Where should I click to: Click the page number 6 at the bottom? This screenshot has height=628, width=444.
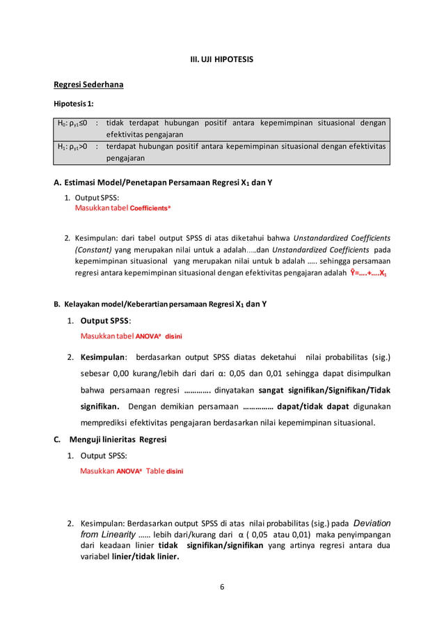click(x=222, y=586)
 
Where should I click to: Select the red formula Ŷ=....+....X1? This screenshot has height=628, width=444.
click(x=369, y=273)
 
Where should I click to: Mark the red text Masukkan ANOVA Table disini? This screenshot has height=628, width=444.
click(x=132, y=471)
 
